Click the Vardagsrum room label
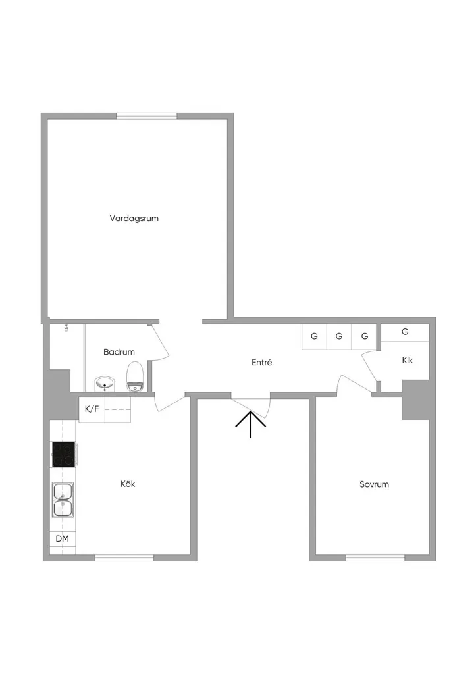[134, 219]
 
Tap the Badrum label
[119, 352]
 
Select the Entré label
[262, 363]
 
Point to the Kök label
[128, 484]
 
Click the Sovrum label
[374, 484]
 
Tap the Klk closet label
[408, 360]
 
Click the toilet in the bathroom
[135, 376]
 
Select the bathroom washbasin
[105, 384]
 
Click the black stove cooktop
[64, 454]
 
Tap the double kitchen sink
[63, 499]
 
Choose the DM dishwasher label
[63, 538]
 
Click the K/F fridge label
[92, 409]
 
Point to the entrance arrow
[251, 425]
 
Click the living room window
[147, 116]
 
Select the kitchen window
[124, 558]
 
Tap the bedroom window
[375, 558]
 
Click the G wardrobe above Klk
[405, 332]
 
